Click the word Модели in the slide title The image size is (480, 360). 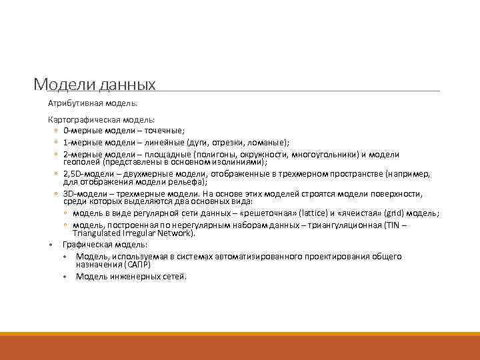[63, 85]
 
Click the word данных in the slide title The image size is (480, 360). [126, 85]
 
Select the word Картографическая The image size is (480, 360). [79, 119]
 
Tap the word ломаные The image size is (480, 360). [269, 142]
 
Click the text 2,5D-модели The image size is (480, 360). [85, 173]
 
